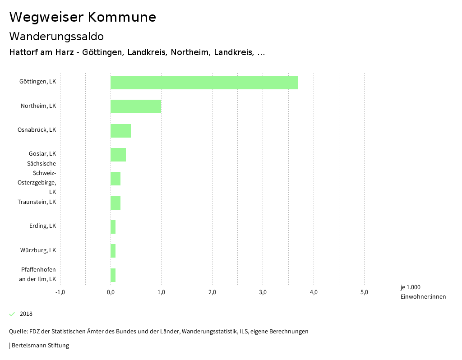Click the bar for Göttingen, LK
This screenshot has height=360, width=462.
pyautogui.click(x=204, y=83)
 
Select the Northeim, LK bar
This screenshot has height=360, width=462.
pyautogui.click(x=136, y=106)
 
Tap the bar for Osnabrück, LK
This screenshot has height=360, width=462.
pyautogui.click(x=120, y=131)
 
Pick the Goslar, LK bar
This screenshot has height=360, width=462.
pyautogui.click(x=118, y=155)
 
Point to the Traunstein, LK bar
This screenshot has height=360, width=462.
pyautogui.click(x=115, y=203)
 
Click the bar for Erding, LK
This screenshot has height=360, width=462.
pyautogui.click(x=113, y=227)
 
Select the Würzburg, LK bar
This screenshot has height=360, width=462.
pyautogui.click(x=113, y=251)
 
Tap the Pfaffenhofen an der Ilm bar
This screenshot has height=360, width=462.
pyautogui.click(x=113, y=275)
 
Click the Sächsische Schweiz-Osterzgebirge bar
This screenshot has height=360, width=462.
pyautogui.click(x=115, y=179)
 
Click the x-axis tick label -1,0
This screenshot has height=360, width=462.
pyautogui.click(x=60, y=292)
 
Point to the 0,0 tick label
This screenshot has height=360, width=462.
pyautogui.click(x=111, y=292)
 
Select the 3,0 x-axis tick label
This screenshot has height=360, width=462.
pyautogui.click(x=263, y=292)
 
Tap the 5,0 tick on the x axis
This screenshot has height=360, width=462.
pyautogui.click(x=364, y=292)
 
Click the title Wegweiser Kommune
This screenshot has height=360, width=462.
pyautogui.click(x=83, y=17)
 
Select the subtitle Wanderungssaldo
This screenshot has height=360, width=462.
pyautogui.click(x=56, y=36)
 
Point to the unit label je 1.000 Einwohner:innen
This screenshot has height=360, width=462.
pyautogui.click(x=423, y=292)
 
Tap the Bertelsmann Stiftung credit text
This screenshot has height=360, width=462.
pyautogui.click(x=40, y=346)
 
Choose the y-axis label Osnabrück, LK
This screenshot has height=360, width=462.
pyautogui.click(x=37, y=130)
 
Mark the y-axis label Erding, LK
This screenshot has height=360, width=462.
pyautogui.click(x=42, y=226)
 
